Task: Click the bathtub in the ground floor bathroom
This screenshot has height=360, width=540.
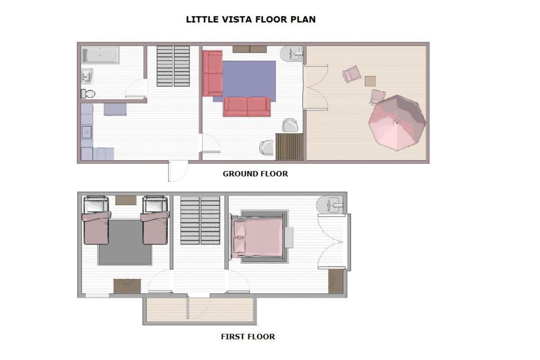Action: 100,55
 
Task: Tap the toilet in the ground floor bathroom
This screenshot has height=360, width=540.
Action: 88,94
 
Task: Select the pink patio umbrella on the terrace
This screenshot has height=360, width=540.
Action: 397,123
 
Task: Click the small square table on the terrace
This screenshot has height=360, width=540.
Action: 370,81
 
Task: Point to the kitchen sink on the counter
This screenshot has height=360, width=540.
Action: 86,132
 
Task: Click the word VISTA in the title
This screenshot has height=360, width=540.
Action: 237,19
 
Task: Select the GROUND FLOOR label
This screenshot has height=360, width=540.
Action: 255,174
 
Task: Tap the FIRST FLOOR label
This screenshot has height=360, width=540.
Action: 248,337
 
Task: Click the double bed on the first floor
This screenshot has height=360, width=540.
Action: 257,237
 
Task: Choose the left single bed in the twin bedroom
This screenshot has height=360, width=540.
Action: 96,220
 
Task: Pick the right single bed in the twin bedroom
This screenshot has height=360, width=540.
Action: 155,220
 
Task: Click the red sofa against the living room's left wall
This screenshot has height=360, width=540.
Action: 212,73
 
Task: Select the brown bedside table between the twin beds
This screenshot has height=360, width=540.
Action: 126,200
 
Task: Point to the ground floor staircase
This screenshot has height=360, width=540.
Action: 173,66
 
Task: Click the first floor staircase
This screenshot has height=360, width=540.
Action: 200,220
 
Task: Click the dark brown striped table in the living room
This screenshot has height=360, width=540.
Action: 289,147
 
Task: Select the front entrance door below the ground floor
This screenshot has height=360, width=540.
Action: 178,171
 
